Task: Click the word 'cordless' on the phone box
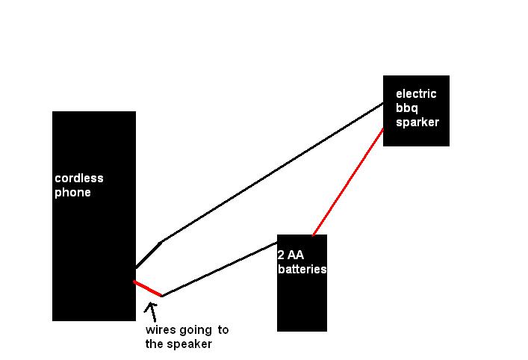click(78, 179)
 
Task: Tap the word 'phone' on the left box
click(72, 193)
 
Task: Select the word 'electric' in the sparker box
click(416, 94)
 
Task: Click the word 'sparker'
click(417, 122)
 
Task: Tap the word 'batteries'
click(302, 269)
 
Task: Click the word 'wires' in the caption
click(161, 330)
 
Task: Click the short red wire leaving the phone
click(148, 288)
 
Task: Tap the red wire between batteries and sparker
click(348, 181)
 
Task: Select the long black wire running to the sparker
click(273, 173)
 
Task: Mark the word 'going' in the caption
click(196, 330)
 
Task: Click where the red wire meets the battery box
click(314, 235)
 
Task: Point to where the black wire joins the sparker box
click(383, 104)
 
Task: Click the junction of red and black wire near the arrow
click(161, 296)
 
